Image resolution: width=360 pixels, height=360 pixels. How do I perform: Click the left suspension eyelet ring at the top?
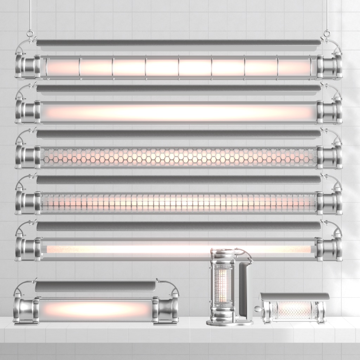tap(30, 34)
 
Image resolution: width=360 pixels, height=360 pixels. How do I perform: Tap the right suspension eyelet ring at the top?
tap(327, 34)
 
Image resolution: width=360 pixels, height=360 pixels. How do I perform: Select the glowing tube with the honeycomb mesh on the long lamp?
tap(179, 157)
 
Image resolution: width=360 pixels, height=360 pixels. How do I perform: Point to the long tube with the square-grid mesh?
tap(179, 203)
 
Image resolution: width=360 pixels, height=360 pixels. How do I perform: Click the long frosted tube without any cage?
tap(179, 112)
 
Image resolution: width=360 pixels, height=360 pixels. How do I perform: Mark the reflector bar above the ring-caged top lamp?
tap(179, 43)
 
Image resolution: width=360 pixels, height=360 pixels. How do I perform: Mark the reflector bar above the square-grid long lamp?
tap(179, 180)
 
